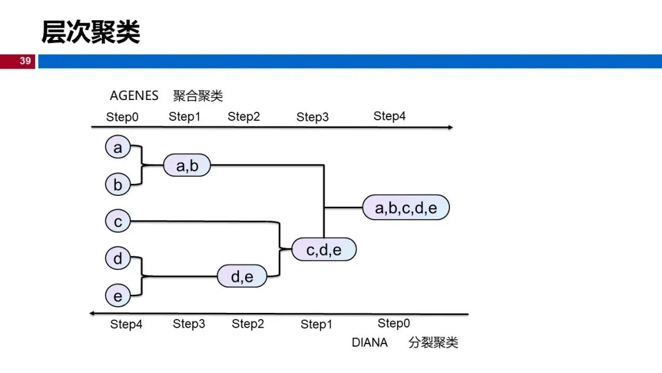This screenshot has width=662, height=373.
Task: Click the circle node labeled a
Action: pos(118,147)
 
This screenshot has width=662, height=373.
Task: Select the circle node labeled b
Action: pos(118,184)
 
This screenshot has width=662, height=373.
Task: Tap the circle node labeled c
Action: pos(118,221)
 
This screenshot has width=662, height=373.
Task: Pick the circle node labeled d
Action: pos(118,258)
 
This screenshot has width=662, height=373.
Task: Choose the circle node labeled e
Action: pos(118,295)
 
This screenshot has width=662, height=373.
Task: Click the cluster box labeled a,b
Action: pos(187,165)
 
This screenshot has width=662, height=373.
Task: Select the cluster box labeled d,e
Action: pos(242,276)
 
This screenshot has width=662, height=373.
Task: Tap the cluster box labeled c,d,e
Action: pos(324,249)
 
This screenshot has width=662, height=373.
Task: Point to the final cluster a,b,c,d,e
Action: pos(406,207)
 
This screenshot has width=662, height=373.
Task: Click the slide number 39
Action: pos(25,61)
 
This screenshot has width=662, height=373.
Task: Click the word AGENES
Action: pos(134,96)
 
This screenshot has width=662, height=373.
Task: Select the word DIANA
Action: pos(370,342)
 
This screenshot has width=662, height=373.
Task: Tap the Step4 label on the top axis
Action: pos(389,116)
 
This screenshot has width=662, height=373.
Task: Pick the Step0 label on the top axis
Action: pos(122,117)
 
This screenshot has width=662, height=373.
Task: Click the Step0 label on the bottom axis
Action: pos(394,323)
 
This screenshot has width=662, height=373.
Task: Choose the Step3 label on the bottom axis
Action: pos(189,323)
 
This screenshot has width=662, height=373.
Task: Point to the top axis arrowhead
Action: pos(451,127)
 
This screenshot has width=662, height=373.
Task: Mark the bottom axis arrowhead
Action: pos(92,313)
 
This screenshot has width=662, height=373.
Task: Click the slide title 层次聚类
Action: pos(90,32)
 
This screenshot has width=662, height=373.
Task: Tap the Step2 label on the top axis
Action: pos(243,116)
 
